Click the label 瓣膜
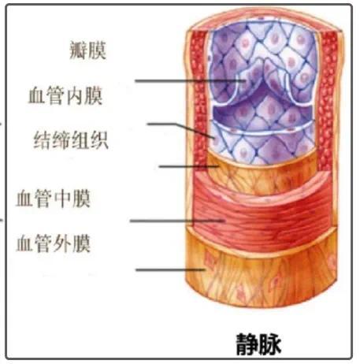click(x=88, y=50)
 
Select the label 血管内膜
click(x=65, y=96)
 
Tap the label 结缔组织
click(x=71, y=140)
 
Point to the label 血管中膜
click(x=54, y=199)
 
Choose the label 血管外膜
click(x=54, y=243)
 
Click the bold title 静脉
click(x=258, y=344)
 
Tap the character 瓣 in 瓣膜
click(x=78, y=50)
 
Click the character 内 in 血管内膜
click(x=75, y=96)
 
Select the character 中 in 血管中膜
click(x=63, y=199)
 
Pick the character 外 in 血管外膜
click(x=63, y=243)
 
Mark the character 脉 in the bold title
click(x=270, y=344)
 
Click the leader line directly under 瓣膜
click(x=190, y=81)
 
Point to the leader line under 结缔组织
click(x=189, y=166)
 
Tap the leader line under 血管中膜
click(x=177, y=221)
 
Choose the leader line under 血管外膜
click(x=171, y=269)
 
